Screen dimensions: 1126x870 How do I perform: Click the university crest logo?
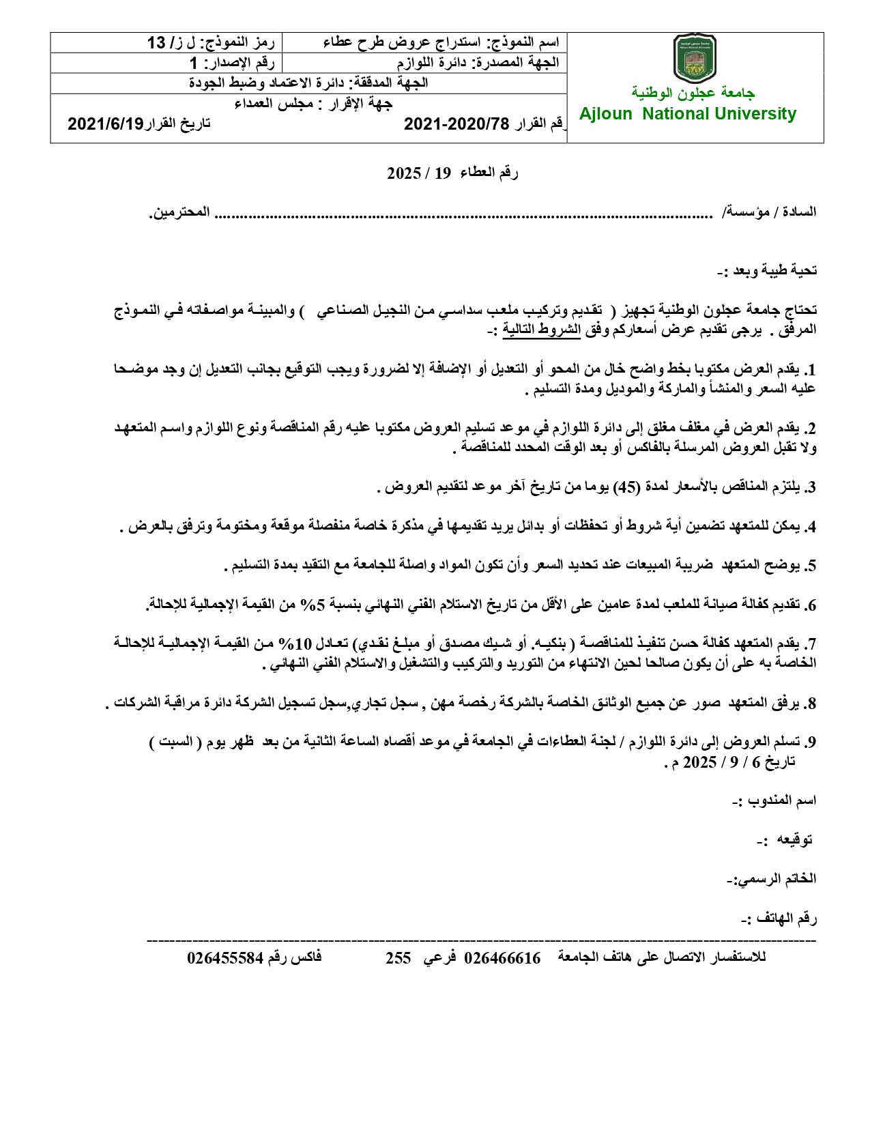[694, 59]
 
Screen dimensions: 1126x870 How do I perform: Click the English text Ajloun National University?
[688, 114]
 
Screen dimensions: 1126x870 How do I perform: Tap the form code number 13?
[157, 43]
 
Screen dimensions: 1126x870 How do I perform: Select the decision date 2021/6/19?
[106, 124]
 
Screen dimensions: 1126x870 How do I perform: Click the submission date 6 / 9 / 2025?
[726, 762]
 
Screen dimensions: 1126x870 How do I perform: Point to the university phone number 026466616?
[502, 958]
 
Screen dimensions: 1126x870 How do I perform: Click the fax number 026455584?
[225, 958]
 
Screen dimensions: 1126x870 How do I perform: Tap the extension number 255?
[398, 958]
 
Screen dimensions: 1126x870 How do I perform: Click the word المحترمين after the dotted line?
[179, 212]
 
